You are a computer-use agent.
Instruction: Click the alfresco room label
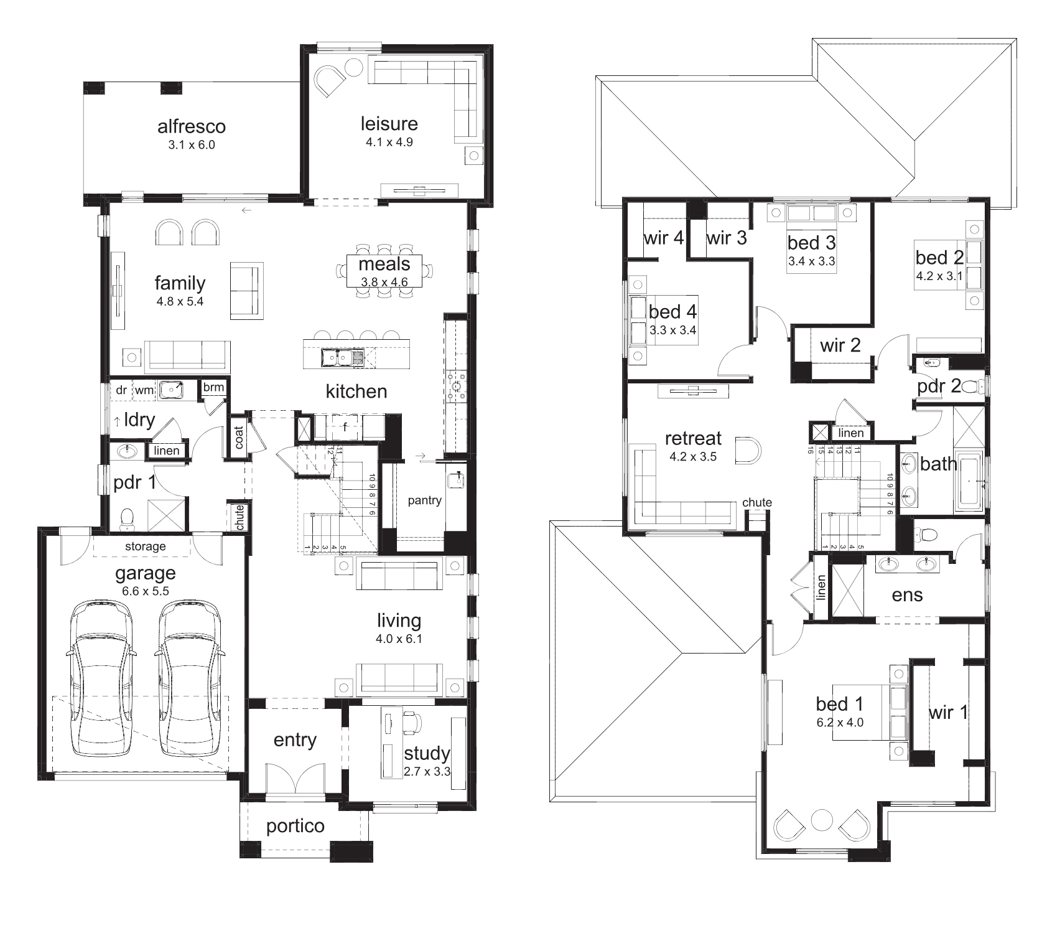tap(191, 127)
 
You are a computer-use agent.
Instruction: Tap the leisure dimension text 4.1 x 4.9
tap(389, 142)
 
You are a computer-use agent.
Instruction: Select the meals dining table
tap(384, 271)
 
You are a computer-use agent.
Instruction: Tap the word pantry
tap(424, 500)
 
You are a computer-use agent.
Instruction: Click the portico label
tap(295, 827)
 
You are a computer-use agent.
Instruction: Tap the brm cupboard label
tap(213, 387)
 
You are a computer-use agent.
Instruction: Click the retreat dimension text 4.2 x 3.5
tap(692, 457)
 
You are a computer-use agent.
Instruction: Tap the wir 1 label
tap(948, 712)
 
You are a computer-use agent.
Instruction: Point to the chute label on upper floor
tap(757, 502)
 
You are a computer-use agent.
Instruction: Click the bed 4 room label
tap(672, 311)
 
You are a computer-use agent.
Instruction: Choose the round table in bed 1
tap(821, 819)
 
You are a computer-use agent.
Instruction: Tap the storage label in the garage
tap(146, 546)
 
